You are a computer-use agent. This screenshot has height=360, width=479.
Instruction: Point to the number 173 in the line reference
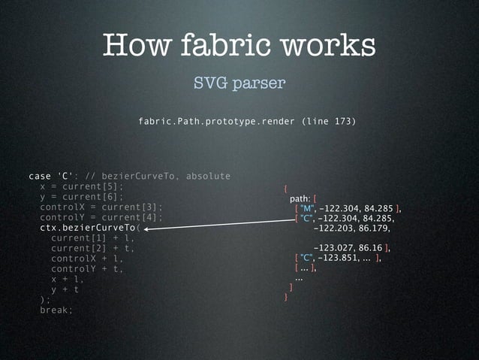(339, 121)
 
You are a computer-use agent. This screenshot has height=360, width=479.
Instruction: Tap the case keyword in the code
(40, 176)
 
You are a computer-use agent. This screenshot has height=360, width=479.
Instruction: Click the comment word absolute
(208, 176)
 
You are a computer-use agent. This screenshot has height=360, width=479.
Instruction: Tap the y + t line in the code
(65, 289)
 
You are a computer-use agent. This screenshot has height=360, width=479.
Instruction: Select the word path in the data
(300, 198)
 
